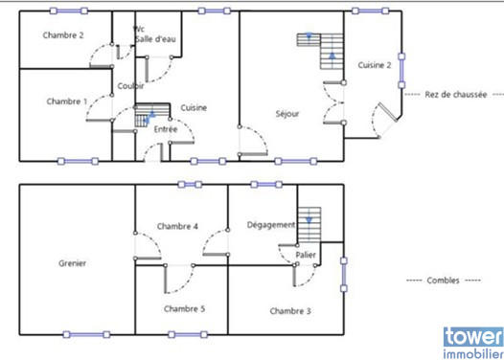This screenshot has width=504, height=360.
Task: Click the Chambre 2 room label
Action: [x=63, y=35]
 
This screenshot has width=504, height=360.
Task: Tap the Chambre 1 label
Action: [x=66, y=101]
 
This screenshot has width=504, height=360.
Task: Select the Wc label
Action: [x=139, y=29]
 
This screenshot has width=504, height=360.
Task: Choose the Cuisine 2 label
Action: [x=374, y=65]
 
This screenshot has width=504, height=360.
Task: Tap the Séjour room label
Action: [x=286, y=113]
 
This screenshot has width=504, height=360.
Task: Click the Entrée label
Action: [x=165, y=128]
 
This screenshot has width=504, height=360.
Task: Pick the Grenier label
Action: [x=73, y=261]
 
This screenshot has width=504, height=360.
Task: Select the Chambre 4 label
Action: [x=177, y=227]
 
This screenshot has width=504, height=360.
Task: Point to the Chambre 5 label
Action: [x=183, y=308]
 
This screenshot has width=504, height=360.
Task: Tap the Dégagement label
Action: [x=271, y=225]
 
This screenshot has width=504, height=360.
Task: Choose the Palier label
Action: [x=306, y=255]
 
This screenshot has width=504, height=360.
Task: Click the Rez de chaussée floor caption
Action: [x=454, y=95]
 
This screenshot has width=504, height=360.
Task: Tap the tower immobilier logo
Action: [x=471, y=342]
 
